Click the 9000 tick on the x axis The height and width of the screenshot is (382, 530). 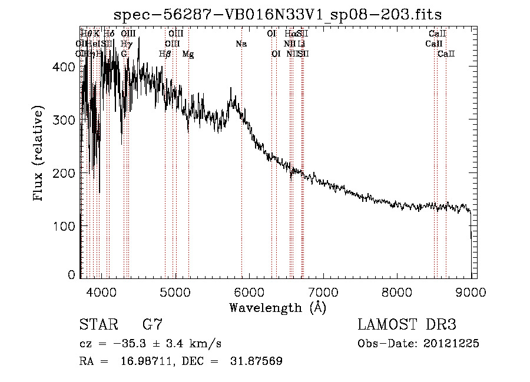(x=471, y=291)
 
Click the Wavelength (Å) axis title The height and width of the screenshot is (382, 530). (x=277, y=307)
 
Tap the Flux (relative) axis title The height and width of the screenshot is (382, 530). (x=39, y=154)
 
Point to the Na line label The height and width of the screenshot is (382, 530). (x=241, y=44)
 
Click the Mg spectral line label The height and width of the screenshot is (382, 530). (x=188, y=54)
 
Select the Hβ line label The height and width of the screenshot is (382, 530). (x=165, y=54)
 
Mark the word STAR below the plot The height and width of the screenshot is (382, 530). (x=97, y=325)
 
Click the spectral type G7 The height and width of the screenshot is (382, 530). (x=152, y=325)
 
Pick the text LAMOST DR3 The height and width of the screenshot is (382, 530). (x=406, y=325)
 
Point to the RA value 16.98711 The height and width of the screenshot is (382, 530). (x=144, y=361)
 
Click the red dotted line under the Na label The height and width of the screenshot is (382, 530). (x=241, y=177)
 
